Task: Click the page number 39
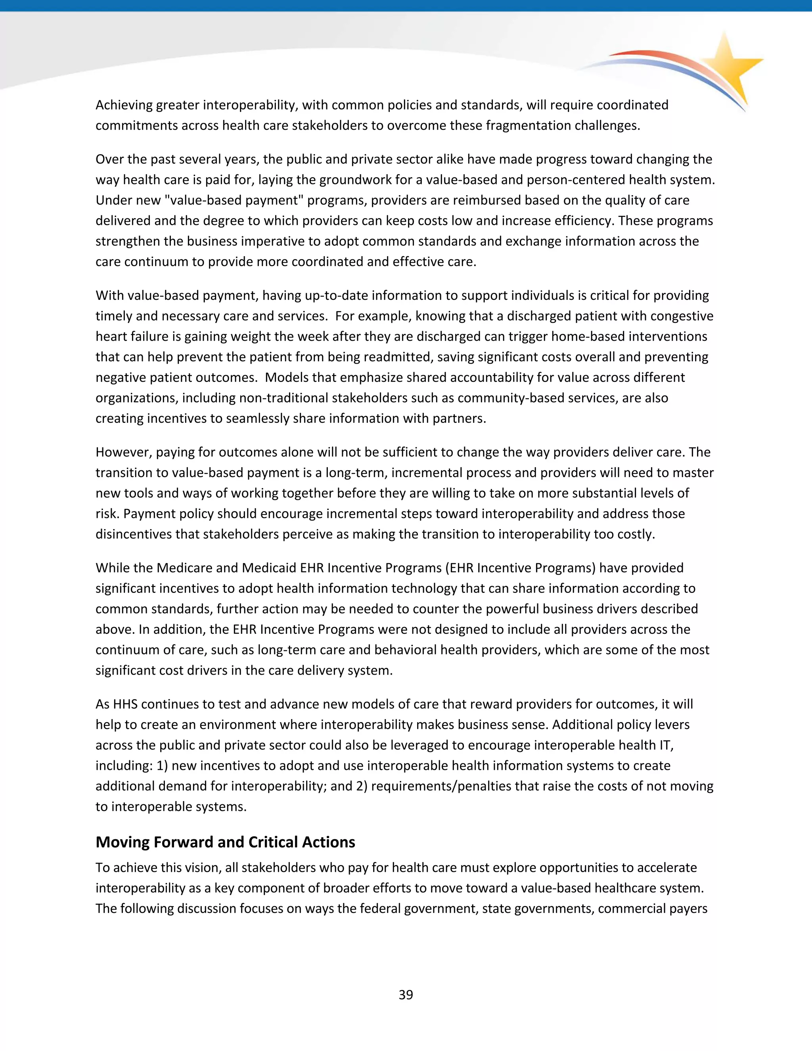click(406, 995)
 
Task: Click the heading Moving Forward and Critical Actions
click(225, 842)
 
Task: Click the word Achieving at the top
click(124, 105)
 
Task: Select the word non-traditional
click(285, 398)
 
